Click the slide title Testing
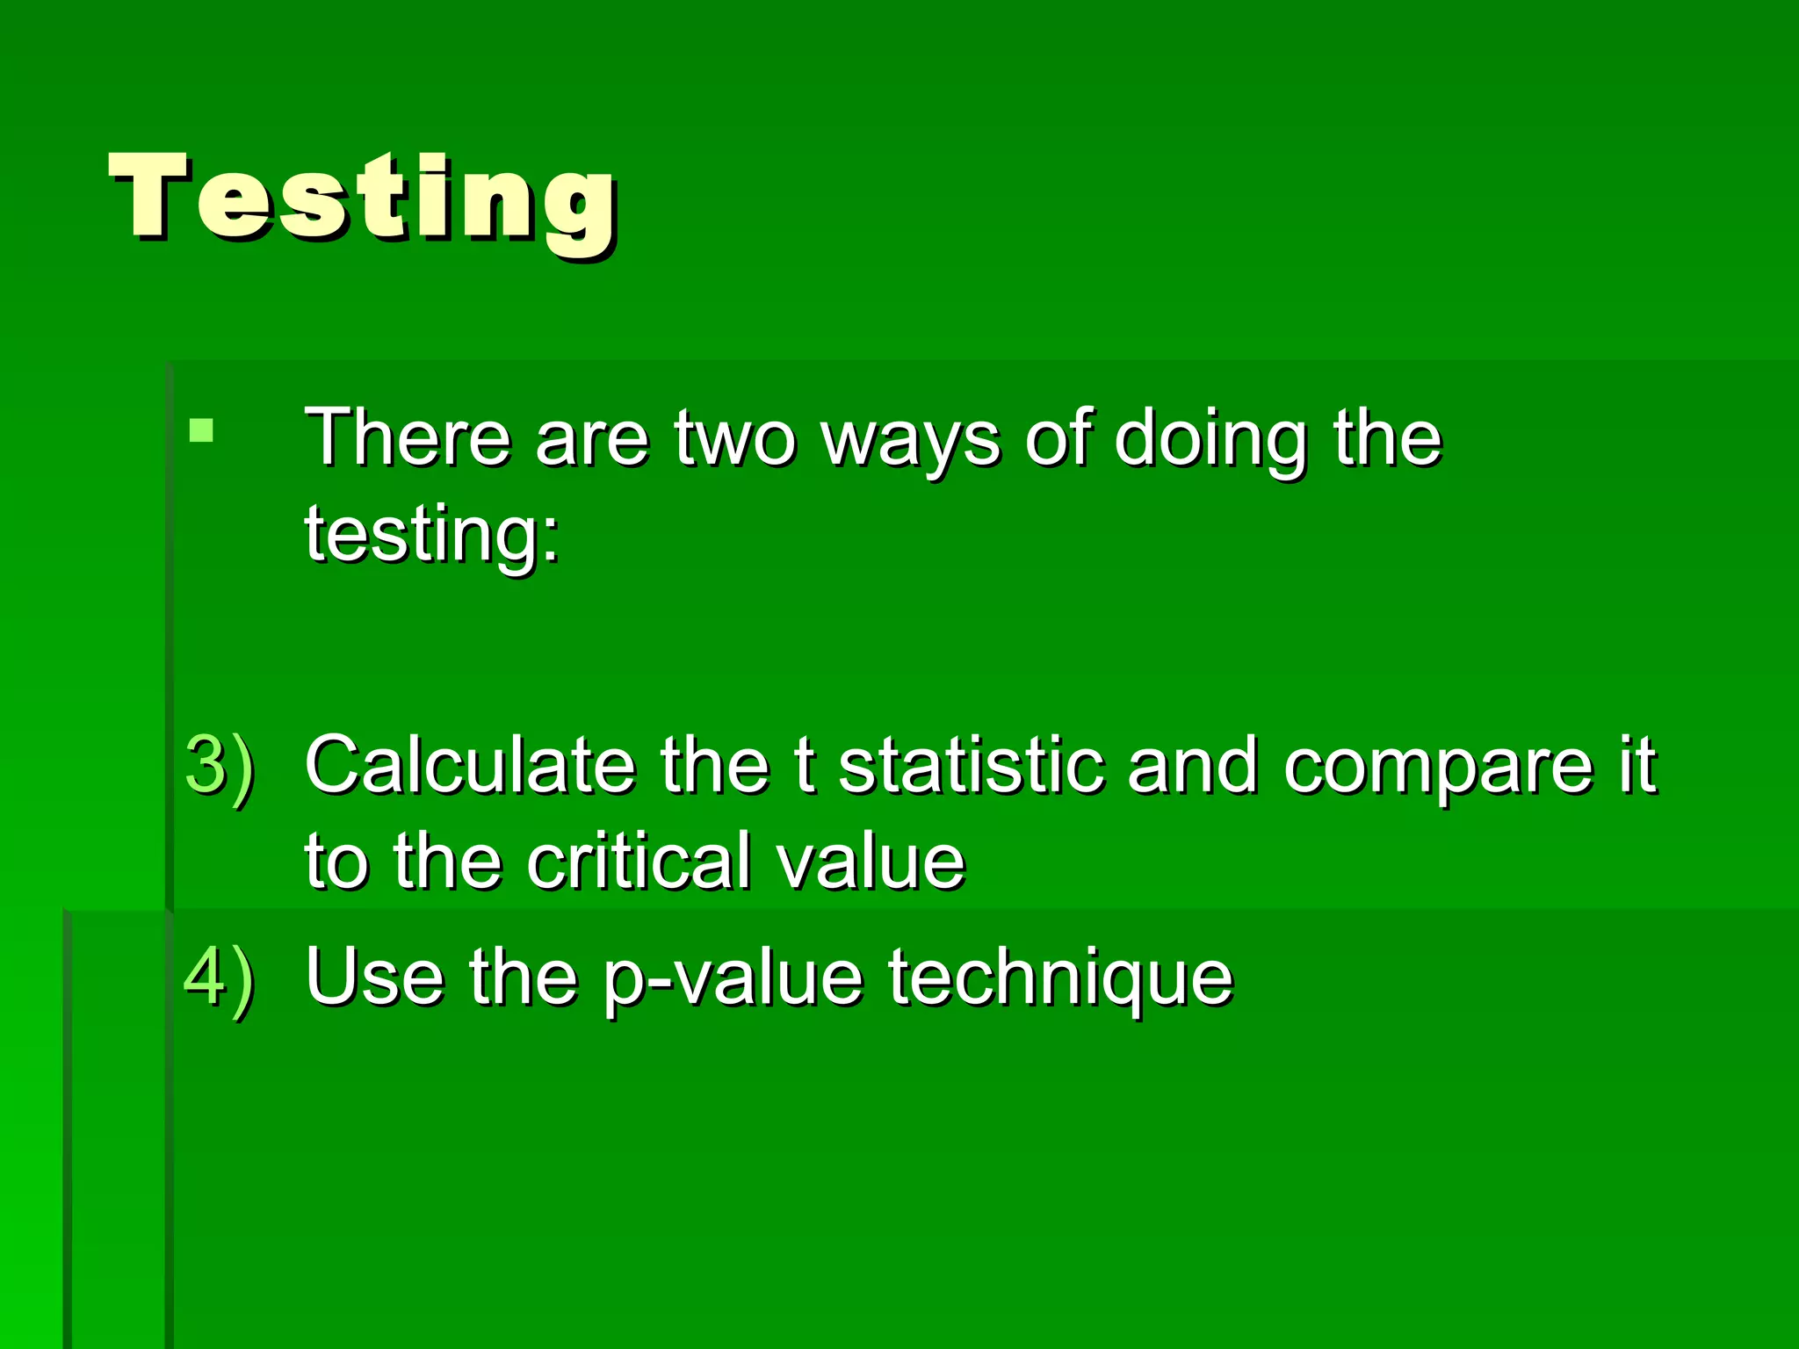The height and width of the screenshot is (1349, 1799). [363, 198]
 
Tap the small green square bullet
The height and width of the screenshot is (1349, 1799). [201, 429]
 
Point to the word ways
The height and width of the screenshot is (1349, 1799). [909, 442]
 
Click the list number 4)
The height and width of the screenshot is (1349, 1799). [220, 977]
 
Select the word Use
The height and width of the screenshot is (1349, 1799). [375, 977]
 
